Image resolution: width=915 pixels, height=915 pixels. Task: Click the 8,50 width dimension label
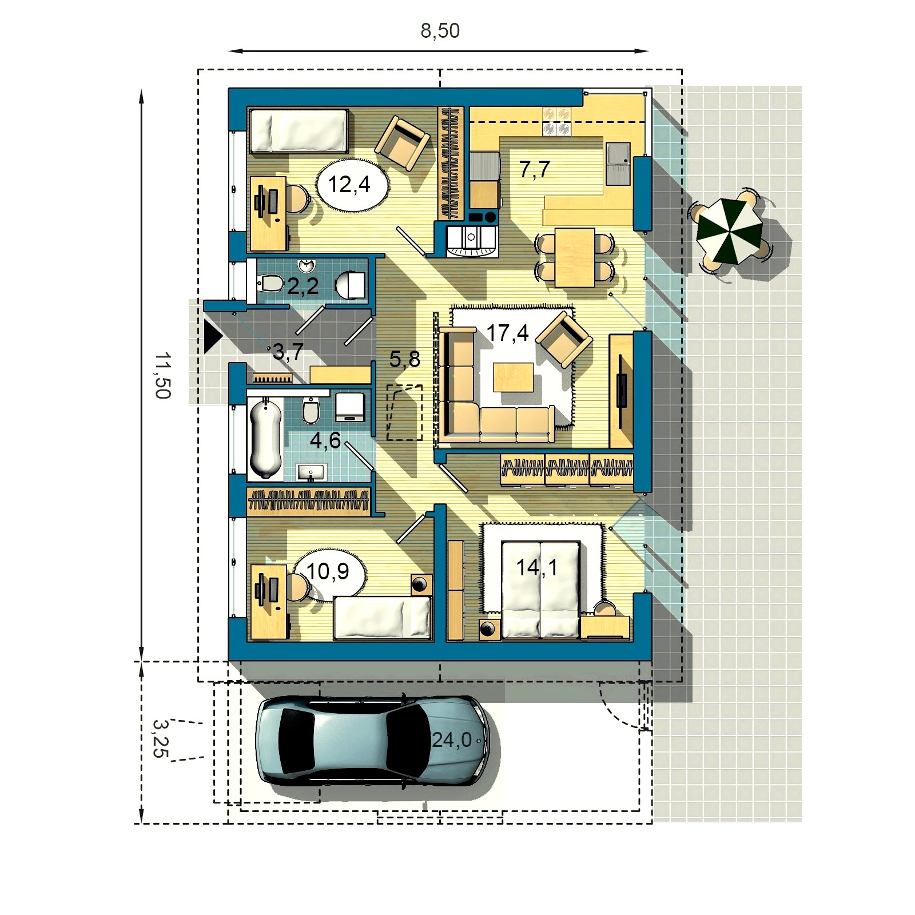tap(440, 31)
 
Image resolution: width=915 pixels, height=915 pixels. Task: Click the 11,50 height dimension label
tap(163, 375)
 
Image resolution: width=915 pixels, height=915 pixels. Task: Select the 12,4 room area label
tap(349, 185)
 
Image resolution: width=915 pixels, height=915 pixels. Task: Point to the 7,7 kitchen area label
tap(535, 169)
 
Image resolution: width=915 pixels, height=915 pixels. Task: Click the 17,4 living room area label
tap(507, 333)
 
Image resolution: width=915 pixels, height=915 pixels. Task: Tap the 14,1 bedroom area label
tap(536, 567)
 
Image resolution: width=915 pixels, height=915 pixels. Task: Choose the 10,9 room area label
tap(328, 571)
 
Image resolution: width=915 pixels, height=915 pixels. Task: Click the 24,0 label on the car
tap(452, 740)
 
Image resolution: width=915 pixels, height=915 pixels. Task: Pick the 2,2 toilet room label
tap(303, 286)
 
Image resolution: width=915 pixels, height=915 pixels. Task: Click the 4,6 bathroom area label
tap(325, 440)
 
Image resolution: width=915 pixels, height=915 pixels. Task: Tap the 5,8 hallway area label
tap(404, 359)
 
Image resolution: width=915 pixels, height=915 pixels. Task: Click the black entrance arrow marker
tap(212, 337)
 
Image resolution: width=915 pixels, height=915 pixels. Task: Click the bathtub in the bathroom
tap(266, 438)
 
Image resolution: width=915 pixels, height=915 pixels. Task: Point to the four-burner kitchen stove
tap(556, 121)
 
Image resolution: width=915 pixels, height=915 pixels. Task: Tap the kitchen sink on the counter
tap(618, 164)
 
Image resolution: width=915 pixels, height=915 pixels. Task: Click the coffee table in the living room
tap(513, 377)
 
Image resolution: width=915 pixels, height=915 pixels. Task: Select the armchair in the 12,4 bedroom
tap(402, 143)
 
